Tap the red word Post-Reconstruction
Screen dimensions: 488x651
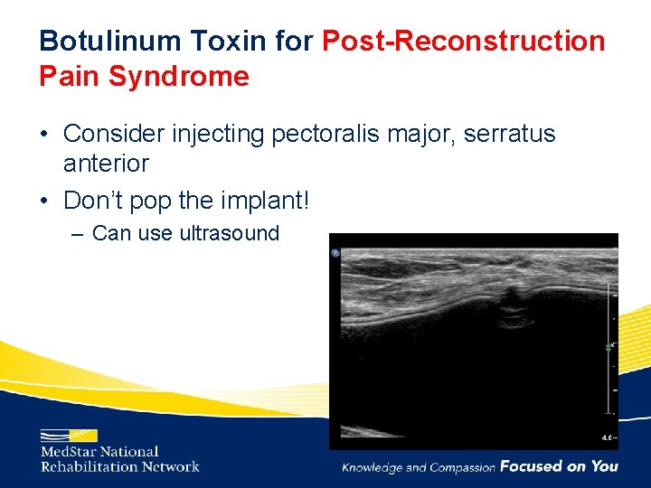click(x=464, y=41)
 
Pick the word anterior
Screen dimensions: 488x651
click(x=106, y=164)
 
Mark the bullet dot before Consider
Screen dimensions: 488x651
click(x=44, y=135)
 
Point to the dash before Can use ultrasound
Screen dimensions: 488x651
click(x=79, y=234)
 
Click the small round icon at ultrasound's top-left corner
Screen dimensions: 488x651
click(x=335, y=254)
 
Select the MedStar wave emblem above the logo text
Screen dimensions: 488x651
click(x=69, y=435)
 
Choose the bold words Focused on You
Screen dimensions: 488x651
click(x=559, y=466)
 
